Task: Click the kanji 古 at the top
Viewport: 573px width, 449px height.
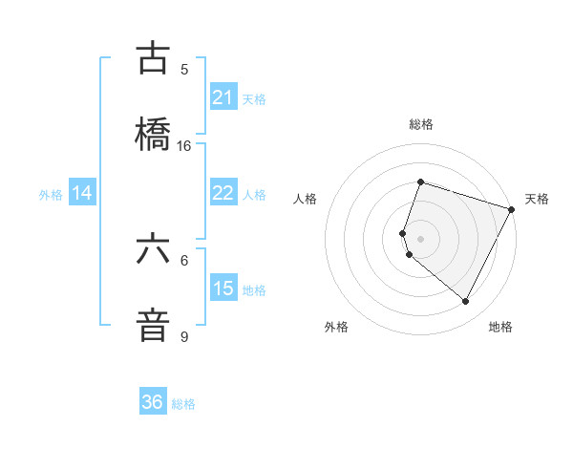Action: pos(153,58)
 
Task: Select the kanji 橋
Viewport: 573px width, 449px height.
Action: pos(153,134)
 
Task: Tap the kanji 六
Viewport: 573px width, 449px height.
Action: pos(153,249)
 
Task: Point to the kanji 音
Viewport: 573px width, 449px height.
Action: pos(153,326)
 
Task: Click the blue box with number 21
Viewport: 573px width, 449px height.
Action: pos(223,97)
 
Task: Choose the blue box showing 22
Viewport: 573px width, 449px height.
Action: pos(223,193)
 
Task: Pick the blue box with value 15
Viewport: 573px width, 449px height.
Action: pos(223,289)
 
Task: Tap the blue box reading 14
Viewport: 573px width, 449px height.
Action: pos(82,193)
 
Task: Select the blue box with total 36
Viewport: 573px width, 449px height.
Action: pos(153,402)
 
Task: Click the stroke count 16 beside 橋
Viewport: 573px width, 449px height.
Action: pos(184,146)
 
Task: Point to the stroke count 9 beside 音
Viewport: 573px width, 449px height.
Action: pos(184,337)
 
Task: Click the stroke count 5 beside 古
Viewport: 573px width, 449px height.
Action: pos(184,70)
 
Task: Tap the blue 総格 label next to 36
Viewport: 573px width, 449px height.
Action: pos(183,404)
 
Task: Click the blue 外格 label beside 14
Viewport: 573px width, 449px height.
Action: pos(51,195)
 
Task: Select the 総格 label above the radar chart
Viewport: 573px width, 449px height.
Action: pos(420,124)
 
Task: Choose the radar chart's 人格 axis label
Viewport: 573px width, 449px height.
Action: pos(305,199)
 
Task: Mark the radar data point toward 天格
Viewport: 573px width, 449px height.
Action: pos(512,208)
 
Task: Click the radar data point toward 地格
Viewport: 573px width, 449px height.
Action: pos(466,302)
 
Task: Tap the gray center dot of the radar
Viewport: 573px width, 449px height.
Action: pos(420,238)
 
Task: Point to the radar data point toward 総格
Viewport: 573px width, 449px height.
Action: pos(420,182)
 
